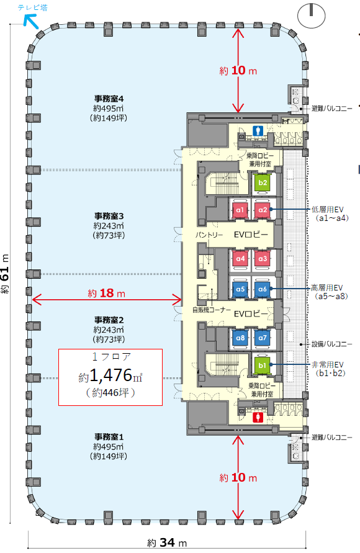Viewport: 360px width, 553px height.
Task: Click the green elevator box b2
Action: click(263, 182)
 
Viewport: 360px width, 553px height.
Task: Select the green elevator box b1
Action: click(262, 366)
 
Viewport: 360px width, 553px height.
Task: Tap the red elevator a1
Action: click(240, 210)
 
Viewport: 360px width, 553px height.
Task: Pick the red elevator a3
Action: click(263, 259)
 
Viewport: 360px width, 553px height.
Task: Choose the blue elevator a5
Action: click(240, 289)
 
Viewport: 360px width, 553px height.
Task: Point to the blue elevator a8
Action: click(240, 338)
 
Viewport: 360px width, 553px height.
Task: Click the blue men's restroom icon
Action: click(258, 131)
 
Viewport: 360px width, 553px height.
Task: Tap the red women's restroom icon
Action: click(258, 418)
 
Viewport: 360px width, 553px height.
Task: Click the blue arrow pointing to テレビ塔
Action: click(30, 22)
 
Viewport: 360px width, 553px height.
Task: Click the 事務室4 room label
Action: click(109, 99)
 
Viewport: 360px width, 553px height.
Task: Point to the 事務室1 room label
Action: click(109, 437)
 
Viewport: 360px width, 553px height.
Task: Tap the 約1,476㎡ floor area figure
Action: click(110, 376)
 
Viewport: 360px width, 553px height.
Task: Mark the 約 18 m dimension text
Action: click(107, 293)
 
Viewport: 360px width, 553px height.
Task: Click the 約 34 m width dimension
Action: click(167, 542)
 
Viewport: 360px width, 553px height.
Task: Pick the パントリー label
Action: click(209, 235)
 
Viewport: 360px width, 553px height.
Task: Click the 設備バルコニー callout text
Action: click(332, 344)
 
